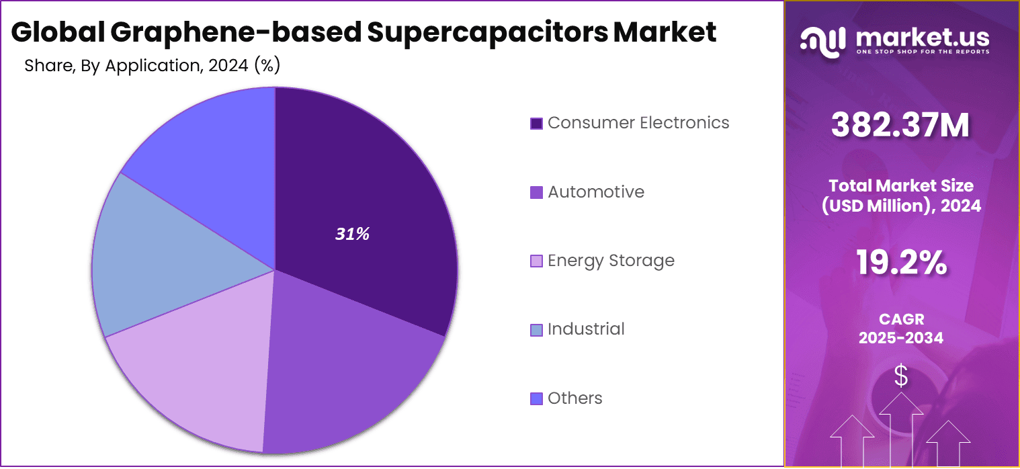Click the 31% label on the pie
point(353,234)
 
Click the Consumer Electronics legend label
point(638,123)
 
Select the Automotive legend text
point(595,192)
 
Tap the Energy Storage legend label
point(610,261)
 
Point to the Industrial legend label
point(585,329)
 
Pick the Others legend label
point(575,398)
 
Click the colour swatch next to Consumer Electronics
point(536,124)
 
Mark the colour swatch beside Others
point(536,399)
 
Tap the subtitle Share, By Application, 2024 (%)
point(152,66)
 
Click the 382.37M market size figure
point(900,125)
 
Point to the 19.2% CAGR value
point(900,263)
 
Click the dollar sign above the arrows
point(900,377)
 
